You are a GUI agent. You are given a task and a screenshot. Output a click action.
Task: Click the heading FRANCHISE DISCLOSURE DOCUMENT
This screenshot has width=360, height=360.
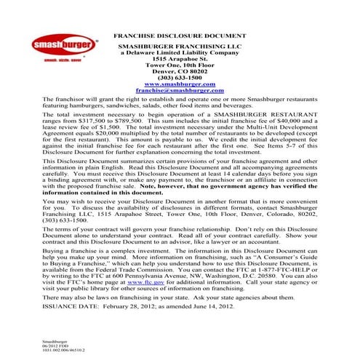click(180, 35)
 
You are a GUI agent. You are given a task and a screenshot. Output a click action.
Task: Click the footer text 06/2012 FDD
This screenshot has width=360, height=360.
click(55, 344)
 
